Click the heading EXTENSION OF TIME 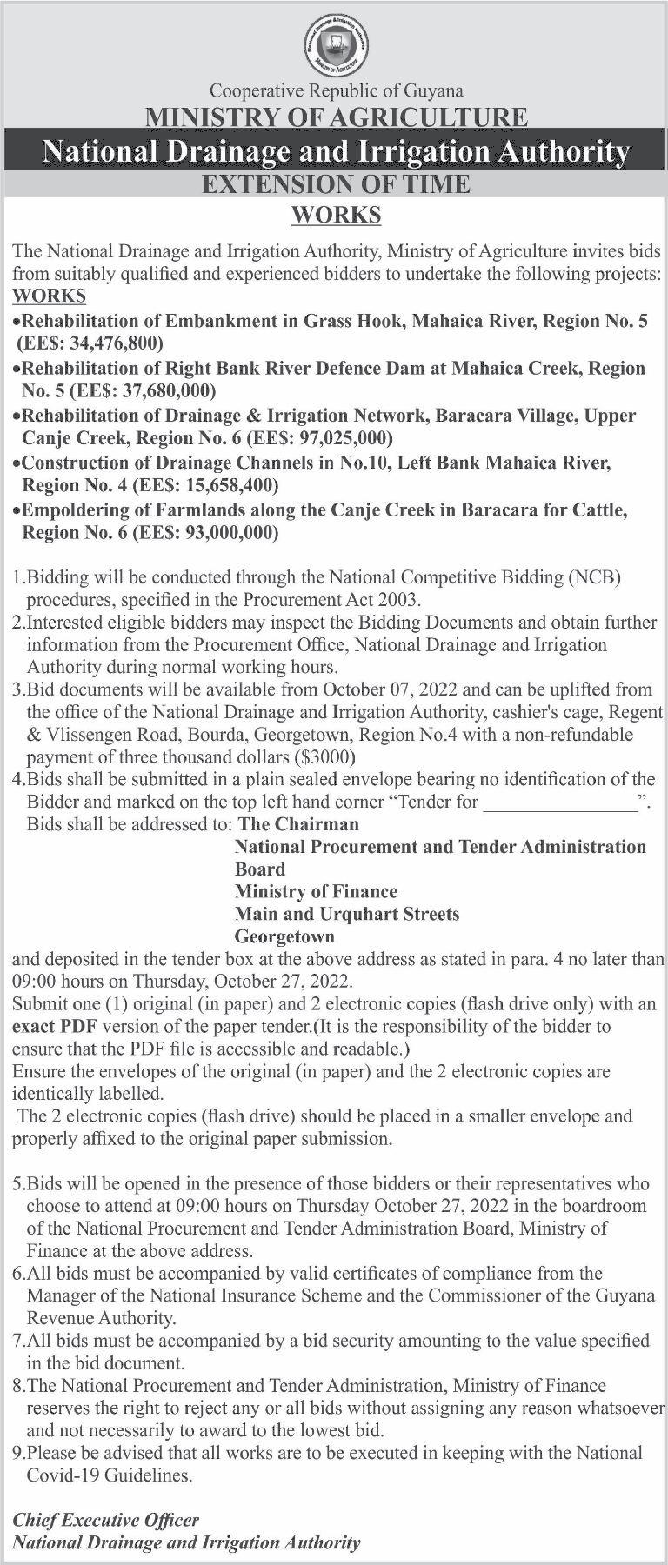[x=336, y=184]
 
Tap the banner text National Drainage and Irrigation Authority [x=336, y=151]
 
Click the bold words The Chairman [x=298, y=823]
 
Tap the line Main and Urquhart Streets [x=347, y=914]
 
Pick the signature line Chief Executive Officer [x=105, y=1521]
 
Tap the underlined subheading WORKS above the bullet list [x=50, y=296]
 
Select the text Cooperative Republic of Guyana [x=337, y=90]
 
